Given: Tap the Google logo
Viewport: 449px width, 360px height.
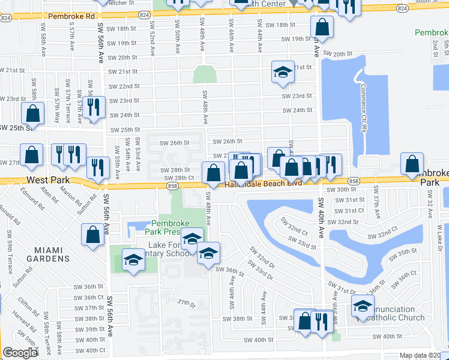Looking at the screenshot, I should (x=20, y=353).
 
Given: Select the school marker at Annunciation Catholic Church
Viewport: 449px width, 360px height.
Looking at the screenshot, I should (x=363, y=307).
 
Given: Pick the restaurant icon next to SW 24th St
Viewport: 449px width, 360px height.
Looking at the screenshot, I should (x=93, y=108).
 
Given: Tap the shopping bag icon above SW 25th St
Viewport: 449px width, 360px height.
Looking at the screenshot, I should (x=33, y=113).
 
